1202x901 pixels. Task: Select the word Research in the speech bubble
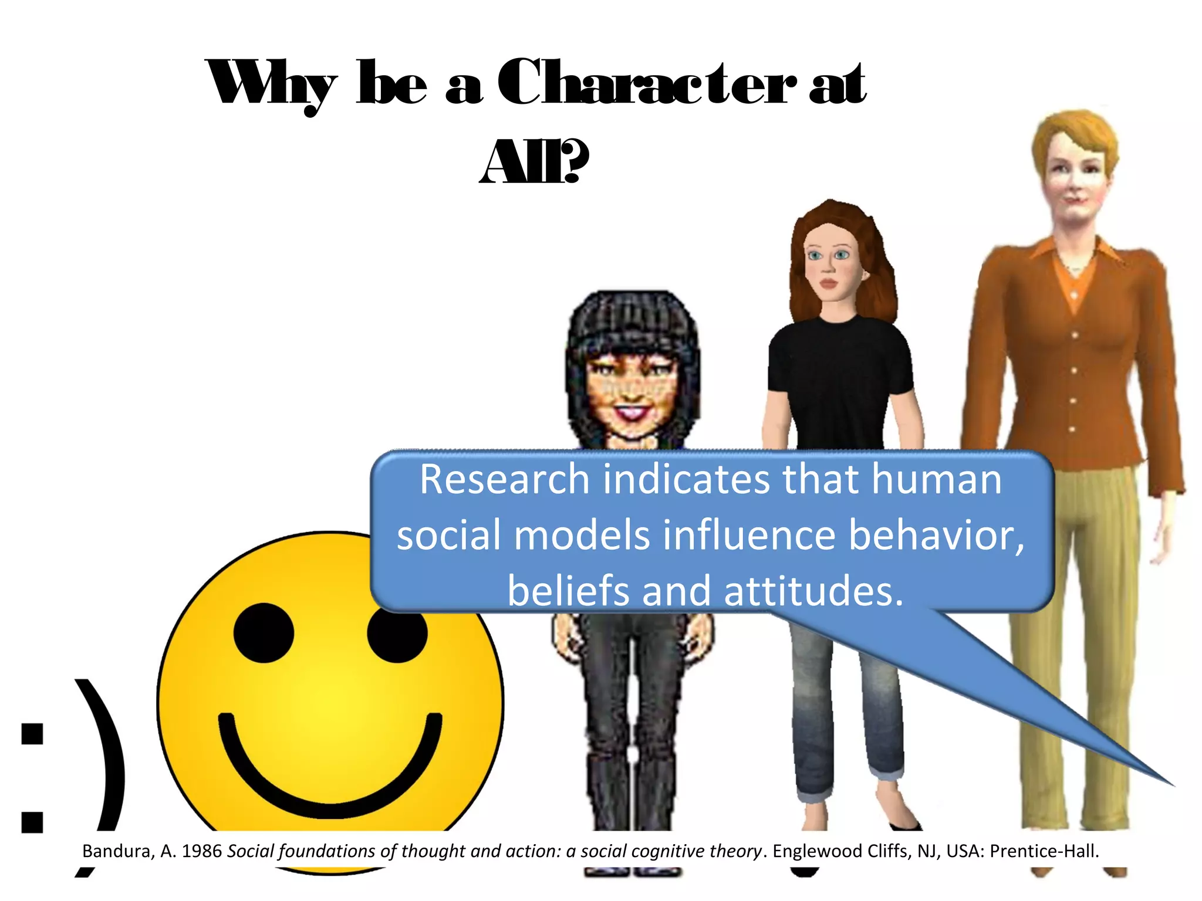coord(504,480)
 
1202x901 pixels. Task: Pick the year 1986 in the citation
coord(201,851)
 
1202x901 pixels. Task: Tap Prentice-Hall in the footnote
coord(1044,851)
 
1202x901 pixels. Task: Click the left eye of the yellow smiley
coord(264,633)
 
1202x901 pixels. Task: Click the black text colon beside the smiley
coord(32,777)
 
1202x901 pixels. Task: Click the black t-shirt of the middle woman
coord(839,381)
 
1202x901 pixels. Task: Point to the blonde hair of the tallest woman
coord(1074,135)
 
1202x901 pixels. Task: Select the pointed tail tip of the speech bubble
coord(1171,784)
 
